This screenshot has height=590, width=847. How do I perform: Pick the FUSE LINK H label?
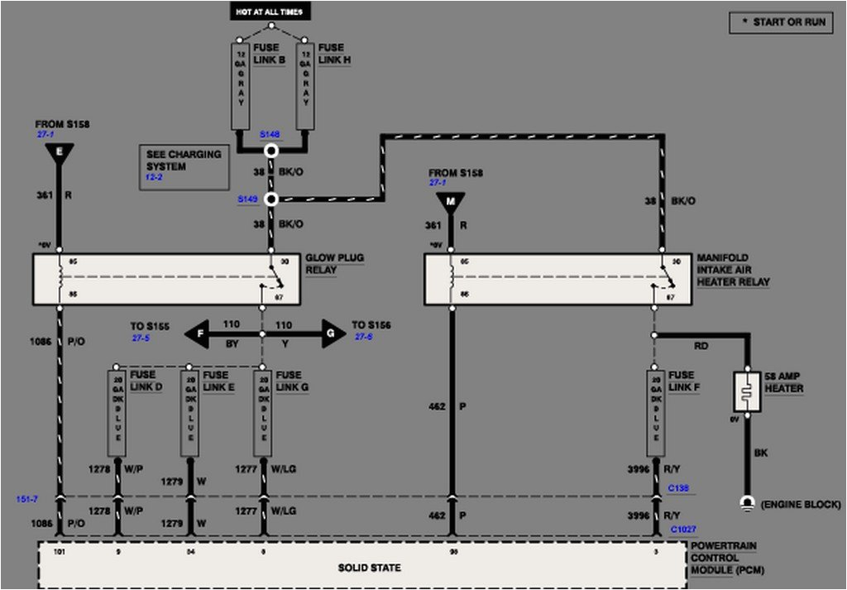pos(335,55)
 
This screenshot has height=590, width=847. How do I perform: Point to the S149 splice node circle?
pos(270,199)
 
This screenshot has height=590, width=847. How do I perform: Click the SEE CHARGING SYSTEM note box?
pos(184,166)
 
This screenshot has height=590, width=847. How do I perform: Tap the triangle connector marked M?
pos(452,202)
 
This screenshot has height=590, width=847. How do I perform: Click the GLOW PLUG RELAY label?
pos(334,264)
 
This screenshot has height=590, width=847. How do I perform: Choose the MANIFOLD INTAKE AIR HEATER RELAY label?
pos(733,270)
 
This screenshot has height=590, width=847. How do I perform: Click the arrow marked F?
pos(195,333)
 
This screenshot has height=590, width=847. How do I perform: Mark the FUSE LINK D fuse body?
pos(117,412)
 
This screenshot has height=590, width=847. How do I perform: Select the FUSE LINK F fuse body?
pos(654,412)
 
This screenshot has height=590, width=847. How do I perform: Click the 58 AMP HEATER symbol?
pos(747,391)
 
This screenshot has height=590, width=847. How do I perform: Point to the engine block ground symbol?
pos(747,503)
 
